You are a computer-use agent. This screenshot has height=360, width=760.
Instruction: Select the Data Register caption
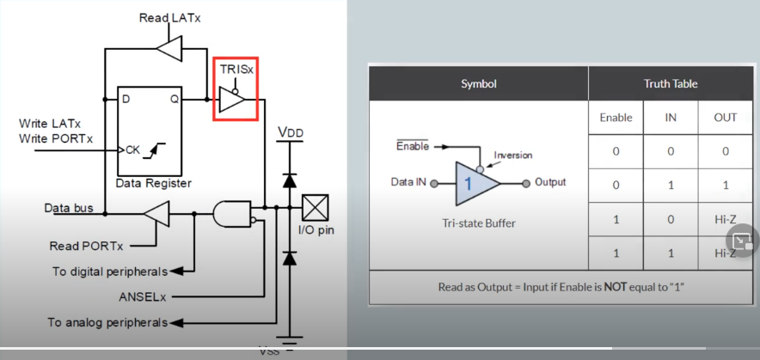[153, 183]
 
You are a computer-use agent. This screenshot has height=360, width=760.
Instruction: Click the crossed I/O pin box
[316, 207]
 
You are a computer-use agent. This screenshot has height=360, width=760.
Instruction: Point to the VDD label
[291, 132]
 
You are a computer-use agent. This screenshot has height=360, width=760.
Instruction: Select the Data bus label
[69, 208]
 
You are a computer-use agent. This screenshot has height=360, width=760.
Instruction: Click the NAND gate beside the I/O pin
[233, 214]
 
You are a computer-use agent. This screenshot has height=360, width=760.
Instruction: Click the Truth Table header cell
[671, 83]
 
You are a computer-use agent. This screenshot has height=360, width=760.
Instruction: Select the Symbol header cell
[478, 83]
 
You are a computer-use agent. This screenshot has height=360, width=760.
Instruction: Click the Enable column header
[616, 118]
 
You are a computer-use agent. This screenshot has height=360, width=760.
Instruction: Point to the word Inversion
[513, 156]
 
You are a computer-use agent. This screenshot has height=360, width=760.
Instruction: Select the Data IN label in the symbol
[408, 182]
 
